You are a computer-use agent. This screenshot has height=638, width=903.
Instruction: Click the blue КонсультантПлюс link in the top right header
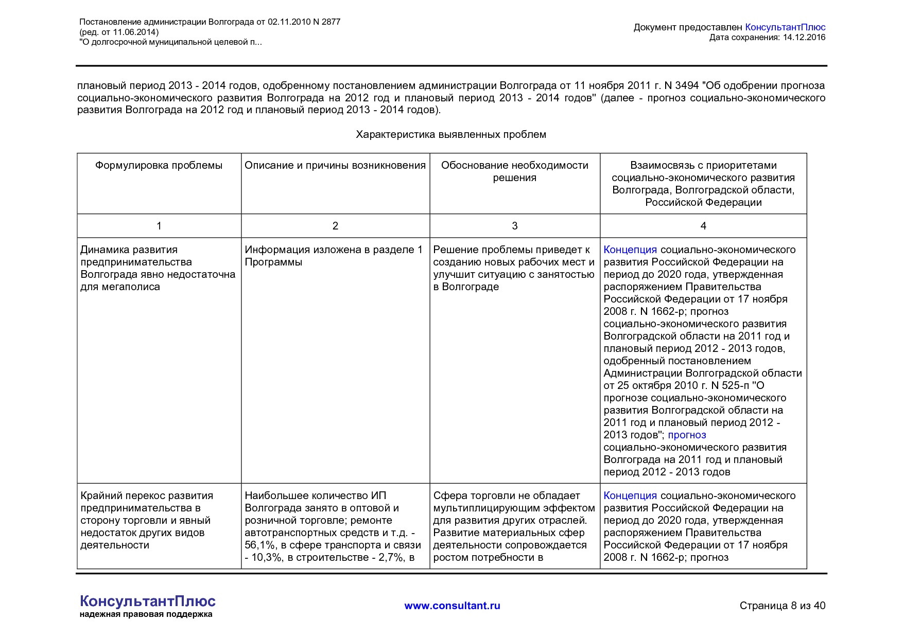pyautogui.click(x=785, y=27)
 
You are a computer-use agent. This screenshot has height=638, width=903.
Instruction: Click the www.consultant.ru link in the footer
pyautogui.click(x=452, y=606)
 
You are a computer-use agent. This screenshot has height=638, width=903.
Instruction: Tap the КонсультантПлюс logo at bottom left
pyautogui.click(x=147, y=601)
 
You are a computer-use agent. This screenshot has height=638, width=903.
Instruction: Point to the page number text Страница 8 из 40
pyautogui.click(x=782, y=606)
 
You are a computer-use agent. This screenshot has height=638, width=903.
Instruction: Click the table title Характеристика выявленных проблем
pyautogui.click(x=451, y=135)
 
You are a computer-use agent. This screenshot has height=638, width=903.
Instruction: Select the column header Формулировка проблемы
pyautogui.click(x=159, y=166)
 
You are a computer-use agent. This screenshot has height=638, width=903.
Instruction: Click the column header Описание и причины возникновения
pyautogui.click(x=335, y=166)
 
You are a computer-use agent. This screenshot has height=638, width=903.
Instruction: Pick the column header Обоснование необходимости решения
pyautogui.click(x=514, y=171)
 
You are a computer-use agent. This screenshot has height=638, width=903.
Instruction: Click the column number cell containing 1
pyautogui.click(x=159, y=226)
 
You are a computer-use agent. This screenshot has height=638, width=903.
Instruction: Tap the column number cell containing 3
pyautogui.click(x=514, y=226)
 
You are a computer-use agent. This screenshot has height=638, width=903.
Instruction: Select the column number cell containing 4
pyautogui.click(x=703, y=226)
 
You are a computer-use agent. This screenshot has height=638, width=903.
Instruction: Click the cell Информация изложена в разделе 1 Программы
pyautogui.click(x=334, y=256)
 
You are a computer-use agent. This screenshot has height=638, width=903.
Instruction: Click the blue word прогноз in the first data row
pyautogui.click(x=687, y=435)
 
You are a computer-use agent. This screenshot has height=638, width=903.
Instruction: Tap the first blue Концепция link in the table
pyautogui.click(x=630, y=250)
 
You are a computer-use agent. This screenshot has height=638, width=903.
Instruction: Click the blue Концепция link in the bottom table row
pyautogui.click(x=630, y=495)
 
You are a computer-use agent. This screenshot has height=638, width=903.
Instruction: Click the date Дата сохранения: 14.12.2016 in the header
pyautogui.click(x=767, y=38)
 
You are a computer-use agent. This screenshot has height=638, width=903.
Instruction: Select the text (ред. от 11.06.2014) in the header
pyautogui.click(x=119, y=32)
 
